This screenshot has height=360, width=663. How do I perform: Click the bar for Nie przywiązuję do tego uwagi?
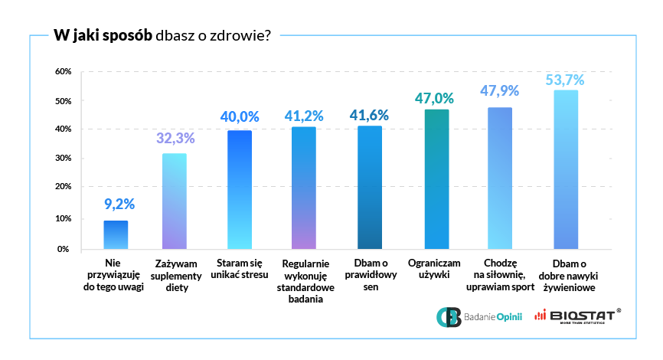[x=116, y=235]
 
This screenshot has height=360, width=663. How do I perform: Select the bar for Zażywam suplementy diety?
[x=175, y=201]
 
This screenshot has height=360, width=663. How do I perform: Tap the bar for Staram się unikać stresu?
[x=240, y=190]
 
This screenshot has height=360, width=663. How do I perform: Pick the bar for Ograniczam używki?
[x=436, y=179]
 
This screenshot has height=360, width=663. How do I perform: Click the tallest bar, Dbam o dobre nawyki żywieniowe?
[x=565, y=170]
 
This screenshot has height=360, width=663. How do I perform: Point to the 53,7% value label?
[x=565, y=80]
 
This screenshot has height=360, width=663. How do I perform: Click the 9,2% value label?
[x=119, y=205]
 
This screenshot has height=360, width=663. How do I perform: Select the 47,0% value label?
[x=434, y=99]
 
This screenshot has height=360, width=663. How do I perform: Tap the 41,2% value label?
[x=304, y=116]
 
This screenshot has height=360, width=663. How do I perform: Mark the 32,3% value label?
[x=175, y=139]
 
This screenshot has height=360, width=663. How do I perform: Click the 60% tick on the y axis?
[x=63, y=72]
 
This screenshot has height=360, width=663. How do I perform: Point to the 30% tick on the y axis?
[x=63, y=158]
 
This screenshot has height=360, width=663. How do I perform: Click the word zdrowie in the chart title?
[x=237, y=35]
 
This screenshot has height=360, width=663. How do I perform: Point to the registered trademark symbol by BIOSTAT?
[x=619, y=310]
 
